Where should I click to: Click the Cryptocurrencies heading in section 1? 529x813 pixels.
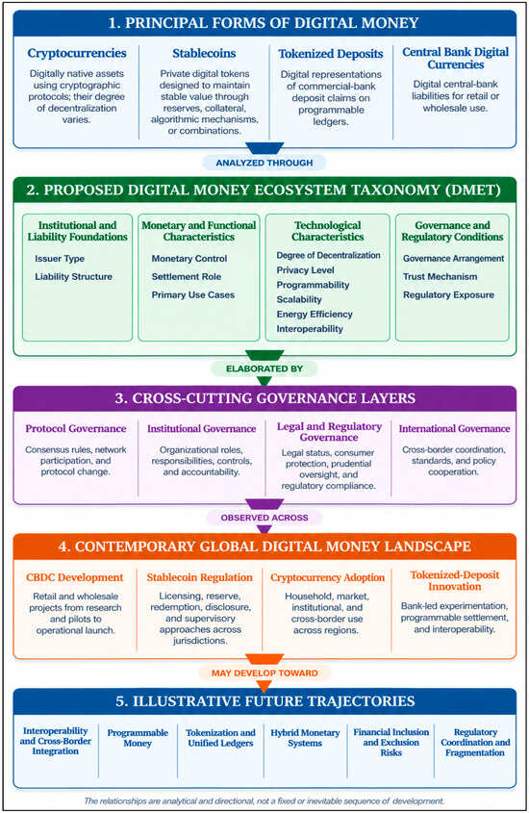77,53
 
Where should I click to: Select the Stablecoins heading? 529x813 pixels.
204,53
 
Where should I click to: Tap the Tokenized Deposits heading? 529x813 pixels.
331,54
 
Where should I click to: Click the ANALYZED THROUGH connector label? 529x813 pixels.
264,163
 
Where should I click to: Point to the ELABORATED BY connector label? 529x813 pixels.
264,368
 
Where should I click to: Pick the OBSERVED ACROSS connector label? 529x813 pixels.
264,518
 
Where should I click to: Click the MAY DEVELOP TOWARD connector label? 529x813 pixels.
264,673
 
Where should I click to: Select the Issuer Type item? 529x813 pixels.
60,259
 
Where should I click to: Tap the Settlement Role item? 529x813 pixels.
187,277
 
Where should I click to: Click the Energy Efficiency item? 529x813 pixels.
315,315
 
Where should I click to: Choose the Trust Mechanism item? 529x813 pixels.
441,277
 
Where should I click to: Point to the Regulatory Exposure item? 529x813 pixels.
449,295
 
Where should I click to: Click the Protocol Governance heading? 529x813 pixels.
76,429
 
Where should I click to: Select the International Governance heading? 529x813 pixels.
454,429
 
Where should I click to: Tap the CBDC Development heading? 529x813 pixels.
75,577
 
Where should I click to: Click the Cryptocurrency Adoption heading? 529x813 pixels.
327,577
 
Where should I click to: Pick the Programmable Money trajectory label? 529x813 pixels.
138,738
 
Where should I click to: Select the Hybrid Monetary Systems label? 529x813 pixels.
305,738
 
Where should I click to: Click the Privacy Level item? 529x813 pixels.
305,270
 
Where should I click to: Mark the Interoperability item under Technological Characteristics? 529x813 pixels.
310,329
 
